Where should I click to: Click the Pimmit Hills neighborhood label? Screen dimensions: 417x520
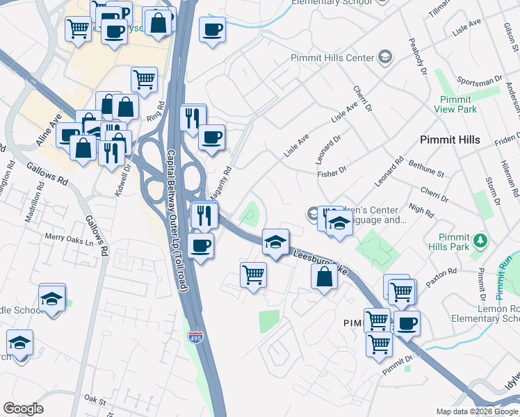450,140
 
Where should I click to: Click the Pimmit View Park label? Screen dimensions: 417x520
455,104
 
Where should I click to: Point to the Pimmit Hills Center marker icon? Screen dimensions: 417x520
383,58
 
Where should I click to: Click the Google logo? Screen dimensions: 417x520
23,409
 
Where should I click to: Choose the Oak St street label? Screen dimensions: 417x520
94,400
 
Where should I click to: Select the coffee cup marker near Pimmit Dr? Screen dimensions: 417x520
407,323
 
